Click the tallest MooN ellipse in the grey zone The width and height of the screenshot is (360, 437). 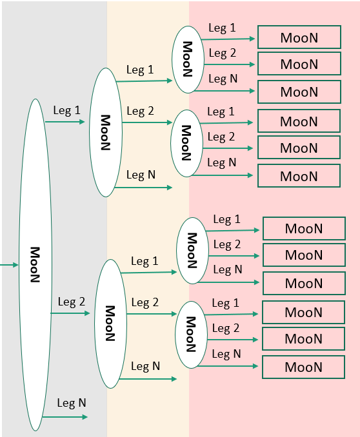pos(35,264)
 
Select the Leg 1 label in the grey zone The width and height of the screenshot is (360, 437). pos(66,110)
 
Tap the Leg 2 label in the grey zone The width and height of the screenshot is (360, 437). pos(71,302)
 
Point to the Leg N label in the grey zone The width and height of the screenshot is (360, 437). pos(71,403)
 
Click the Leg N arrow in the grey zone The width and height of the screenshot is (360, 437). pos(65,417)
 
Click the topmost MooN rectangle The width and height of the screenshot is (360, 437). pos(299,37)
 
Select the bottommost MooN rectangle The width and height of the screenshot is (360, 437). pos(303,367)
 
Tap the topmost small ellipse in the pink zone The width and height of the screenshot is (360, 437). pos(188,59)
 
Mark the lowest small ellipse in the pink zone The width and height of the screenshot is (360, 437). pos(191,334)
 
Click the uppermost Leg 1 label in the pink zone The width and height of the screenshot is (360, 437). pos(222,28)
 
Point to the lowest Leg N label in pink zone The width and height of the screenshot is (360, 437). pos(226,354)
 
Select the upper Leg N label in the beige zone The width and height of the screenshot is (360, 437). pos(140,175)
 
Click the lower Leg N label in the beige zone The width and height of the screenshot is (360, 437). pos(145,366)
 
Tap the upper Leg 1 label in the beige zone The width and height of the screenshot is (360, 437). pos(140,70)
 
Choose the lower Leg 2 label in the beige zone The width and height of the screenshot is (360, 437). pos(145,302)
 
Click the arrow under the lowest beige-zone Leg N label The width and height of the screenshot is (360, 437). pos(147,379)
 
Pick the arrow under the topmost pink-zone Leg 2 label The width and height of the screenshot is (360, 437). pos(230,64)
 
